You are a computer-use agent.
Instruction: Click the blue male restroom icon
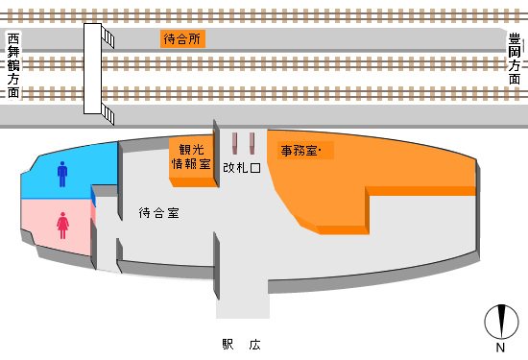tap(62, 174)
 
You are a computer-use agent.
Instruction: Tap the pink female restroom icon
tap(62, 226)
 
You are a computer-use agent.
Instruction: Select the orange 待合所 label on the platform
tap(182, 39)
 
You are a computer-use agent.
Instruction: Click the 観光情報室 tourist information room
tap(191, 157)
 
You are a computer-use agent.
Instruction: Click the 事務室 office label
tap(306, 151)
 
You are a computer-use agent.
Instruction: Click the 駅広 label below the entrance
tap(241, 345)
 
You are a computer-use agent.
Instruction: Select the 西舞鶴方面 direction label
tap(13, 65)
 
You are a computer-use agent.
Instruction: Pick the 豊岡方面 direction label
tap(516, 60)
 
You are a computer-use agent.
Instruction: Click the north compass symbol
tap(499, 319)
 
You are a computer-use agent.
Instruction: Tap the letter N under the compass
tap(499, 347)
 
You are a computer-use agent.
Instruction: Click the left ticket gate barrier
tap(234, 143)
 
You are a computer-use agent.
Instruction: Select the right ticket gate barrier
tap(252, 143)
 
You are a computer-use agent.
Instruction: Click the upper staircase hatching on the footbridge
tap(110, 36)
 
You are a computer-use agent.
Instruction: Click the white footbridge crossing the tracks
tap(93, 72)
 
